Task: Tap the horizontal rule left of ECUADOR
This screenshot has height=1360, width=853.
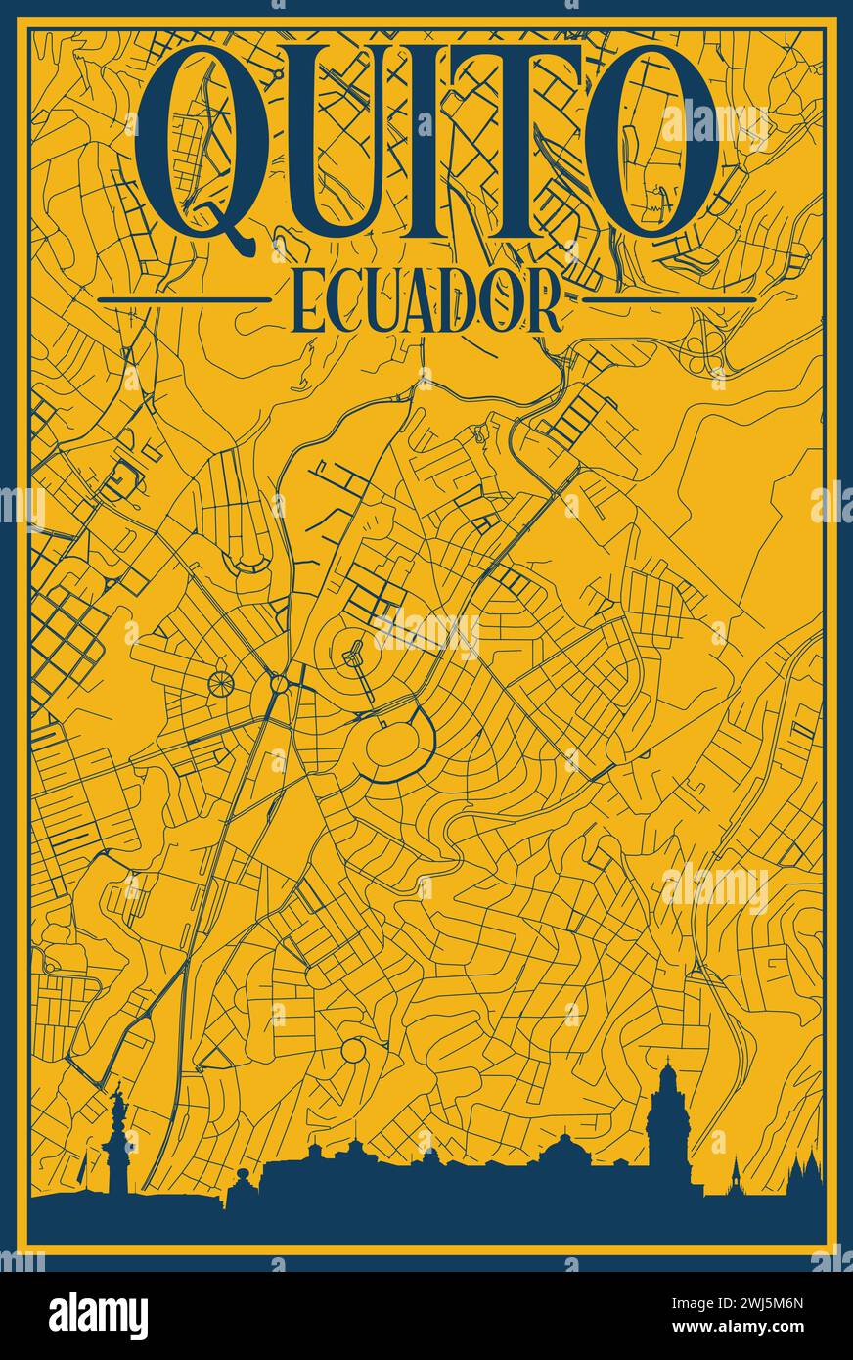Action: click(x=185, y=299)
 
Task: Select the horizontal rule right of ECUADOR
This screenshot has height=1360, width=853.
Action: click(x=675, y=299)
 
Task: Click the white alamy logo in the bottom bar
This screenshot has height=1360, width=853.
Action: click(x=98, y=1315)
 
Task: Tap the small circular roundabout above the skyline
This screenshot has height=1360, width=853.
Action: click(x=353, y=1052)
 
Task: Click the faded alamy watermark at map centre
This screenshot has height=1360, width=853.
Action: click(x=426, y=631)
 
